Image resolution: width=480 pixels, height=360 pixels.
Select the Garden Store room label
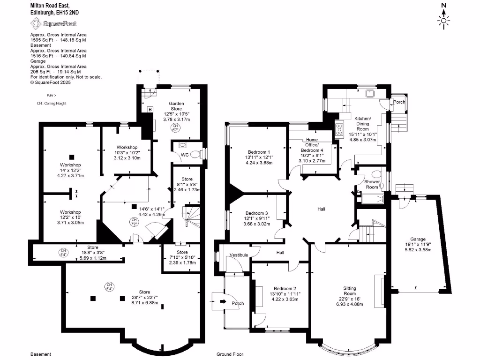click(x=177, y=106)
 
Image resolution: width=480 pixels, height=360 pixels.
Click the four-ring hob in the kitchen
click(x=339, y=129)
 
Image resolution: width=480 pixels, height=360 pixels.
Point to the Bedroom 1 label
click(x=259, y=152)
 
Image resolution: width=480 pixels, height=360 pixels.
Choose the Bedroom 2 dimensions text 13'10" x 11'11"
click(x=285, y=294)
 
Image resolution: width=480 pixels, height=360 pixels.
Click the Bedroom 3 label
click(x=257, y=213)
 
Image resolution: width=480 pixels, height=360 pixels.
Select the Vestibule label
click(x=238, y=255)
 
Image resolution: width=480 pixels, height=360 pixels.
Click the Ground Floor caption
click(x=230, y=354)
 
